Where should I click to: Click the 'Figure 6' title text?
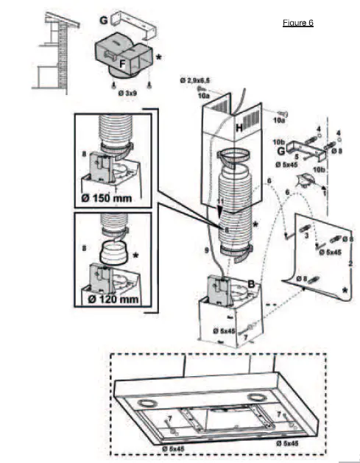[x=298, y=23]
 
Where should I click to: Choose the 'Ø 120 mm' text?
[x=111, y=300]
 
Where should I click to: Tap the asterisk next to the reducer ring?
[x=135, y=254]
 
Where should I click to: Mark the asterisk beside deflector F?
[x=158, y=56]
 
